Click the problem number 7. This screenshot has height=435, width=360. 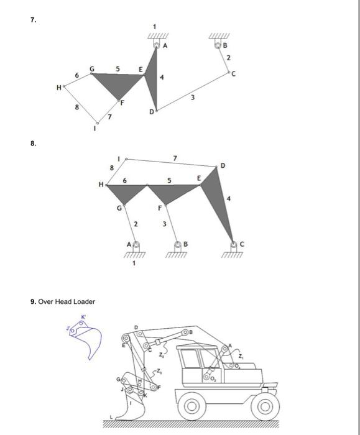32,21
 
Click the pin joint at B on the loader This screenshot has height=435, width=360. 185,333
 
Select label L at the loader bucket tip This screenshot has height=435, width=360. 113,416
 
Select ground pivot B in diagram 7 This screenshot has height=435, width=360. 218,45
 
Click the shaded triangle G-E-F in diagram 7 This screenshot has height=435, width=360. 118,83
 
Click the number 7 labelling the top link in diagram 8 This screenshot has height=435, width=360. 176,158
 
